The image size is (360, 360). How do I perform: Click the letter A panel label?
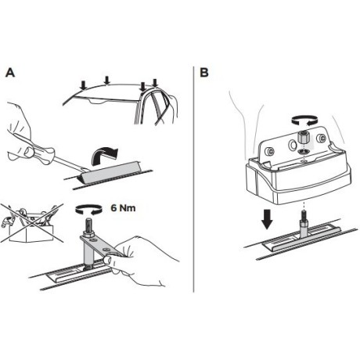click(10, 73)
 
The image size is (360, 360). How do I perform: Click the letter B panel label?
click(204, 73)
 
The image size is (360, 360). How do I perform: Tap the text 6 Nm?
click(123, 208)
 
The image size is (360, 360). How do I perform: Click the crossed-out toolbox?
click(32, 224)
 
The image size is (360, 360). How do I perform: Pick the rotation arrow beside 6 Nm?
click(88, 210)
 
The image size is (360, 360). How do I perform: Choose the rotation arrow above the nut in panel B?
click(304, 121)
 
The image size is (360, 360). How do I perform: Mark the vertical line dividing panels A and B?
click(193, 179)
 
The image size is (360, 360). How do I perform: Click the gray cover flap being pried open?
click(110, 171)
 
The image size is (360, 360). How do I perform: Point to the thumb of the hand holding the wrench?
click(109, 261)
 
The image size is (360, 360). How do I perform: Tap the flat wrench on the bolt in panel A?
click(101, 246)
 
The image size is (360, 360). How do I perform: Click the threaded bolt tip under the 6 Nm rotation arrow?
click(88, 225)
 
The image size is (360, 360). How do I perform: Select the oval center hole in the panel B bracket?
click(292, 144)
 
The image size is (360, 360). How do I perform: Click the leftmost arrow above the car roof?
click(83, 85)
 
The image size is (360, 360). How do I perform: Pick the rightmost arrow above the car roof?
click(155, 84)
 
